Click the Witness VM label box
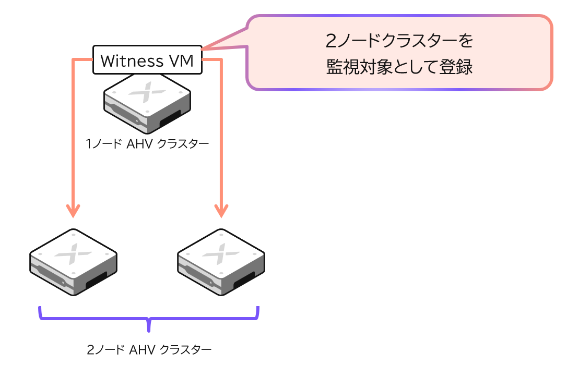(147, 60)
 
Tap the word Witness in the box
(132, 60)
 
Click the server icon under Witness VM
(147, 103)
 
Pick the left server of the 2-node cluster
(74, 262)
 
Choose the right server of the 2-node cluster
(221, 262)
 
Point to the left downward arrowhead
(73, 211)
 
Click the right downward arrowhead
(221, 211)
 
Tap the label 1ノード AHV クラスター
(147, 144)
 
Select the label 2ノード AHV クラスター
(149, 349)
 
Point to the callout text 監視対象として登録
(399, 67)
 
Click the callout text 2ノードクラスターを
(399, 41)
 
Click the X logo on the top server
(147, 92)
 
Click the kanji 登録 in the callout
(456, 67)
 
